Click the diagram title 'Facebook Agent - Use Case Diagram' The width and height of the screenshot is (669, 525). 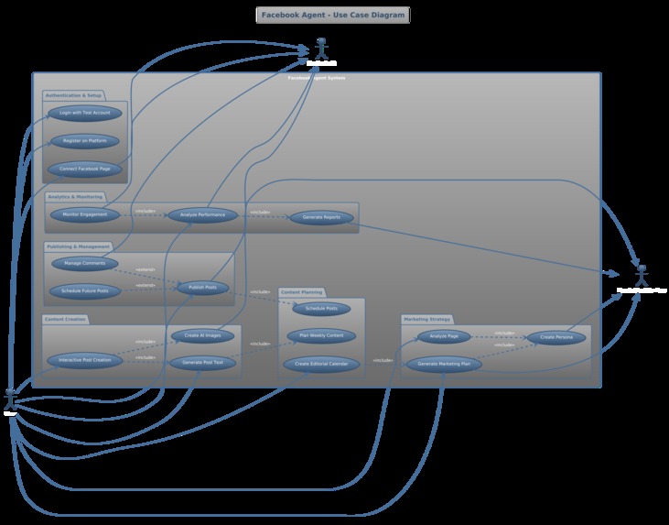pyautogui.click(x=332, y=15)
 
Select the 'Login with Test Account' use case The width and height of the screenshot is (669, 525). pyautogui.click(x=84, y=113)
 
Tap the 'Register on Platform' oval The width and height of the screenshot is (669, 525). pyautogui.click(x=84, y=141)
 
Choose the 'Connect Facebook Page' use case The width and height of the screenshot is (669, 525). pyautogui.click(x=84, y=169)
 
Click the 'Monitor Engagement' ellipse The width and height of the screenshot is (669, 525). pyautogui.click(x=84, y=215)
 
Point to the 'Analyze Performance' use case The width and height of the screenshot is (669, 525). pyautogui.click(x=202, y=215)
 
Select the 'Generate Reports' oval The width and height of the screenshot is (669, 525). pyautogui.click(x=321, y=217)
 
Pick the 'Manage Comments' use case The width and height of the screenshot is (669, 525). pyautogui.click(x=84, y=264)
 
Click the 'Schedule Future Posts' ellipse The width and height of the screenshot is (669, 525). pyautogui.click(x=84, y=291)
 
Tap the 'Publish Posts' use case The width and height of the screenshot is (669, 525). pyautogui.click(x=202, y=288)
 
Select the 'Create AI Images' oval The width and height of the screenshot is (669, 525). pyautogui.click(x=202, y=335)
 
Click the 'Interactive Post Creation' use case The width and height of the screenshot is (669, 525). pyautogui.click(x=84, y=360)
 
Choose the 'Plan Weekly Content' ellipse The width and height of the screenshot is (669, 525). pyautogui.click(x=321, y=336)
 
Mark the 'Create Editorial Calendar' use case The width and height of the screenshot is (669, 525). pyautogui.click(x=321, y=364)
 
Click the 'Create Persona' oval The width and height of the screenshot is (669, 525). pyautogui.click(x=556, y=337)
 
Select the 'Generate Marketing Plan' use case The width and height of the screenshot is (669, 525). pyautogui.click(x=443, y=364)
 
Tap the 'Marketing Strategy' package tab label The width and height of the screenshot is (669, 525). pyautogui.click(x=426, y=319)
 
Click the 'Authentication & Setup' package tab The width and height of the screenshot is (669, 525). pyautogui.click(x=73, y=95)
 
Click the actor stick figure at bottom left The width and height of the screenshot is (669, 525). pyautogui.click(x=10, y=399)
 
